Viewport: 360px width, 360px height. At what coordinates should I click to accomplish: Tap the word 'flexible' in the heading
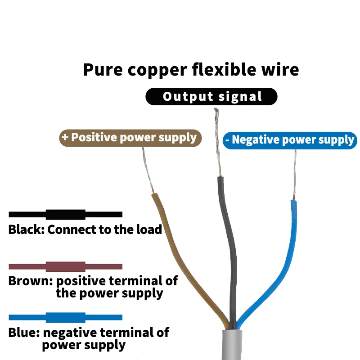point(224,69)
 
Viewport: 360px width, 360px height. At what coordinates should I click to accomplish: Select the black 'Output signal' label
point(211,96)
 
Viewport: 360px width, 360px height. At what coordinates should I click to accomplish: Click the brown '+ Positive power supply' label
point(130,138)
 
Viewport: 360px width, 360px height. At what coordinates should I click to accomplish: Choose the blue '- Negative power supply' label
point(290,140)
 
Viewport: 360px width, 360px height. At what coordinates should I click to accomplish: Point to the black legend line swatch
point(65,215)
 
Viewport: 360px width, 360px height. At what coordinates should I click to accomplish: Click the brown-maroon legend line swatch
point(65,266)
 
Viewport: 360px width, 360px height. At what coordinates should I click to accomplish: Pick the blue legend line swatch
point(65,318)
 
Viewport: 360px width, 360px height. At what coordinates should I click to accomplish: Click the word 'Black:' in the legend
point(27,229)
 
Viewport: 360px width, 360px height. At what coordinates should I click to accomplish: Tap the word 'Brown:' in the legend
point(31,281)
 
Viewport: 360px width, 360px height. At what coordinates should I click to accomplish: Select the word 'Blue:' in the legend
point(24,333)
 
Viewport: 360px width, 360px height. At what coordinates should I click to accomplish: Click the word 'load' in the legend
point(149,229)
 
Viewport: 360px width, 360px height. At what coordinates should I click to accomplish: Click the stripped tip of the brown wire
point(148,170)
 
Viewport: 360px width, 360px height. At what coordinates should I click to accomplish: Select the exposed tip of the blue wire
point(294,175)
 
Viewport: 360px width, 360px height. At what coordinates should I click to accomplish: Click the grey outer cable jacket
point(232,344)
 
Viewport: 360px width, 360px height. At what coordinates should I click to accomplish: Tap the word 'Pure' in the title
point(103,70)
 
